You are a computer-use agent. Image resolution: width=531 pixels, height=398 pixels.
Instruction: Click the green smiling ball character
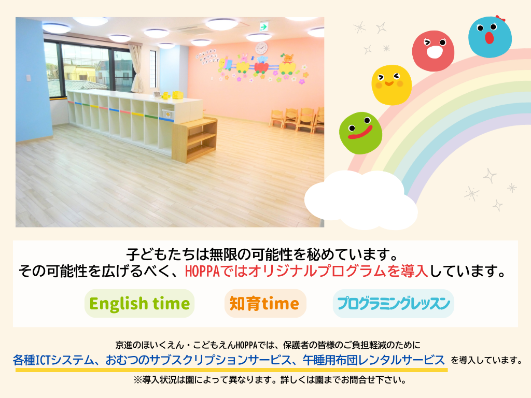[361, 133]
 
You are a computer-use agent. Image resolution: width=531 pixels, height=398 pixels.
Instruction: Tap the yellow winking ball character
[392, 84]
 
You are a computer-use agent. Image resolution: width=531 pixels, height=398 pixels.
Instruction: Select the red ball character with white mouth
[433, 51]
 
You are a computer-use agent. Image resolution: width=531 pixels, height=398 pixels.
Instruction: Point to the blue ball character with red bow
[490, 37]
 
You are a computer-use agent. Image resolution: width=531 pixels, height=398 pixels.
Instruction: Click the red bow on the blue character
[500, 18]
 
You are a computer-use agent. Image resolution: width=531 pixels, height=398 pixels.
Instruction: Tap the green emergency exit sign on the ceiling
[264, 26]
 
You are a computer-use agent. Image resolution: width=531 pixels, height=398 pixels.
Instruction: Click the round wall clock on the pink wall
[261, 48]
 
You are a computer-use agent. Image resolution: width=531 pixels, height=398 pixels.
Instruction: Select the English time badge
[139, 303]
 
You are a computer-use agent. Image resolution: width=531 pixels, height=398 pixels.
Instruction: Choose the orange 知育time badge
[265, 303]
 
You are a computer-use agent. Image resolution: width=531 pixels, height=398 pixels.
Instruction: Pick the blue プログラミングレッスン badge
[393, 303]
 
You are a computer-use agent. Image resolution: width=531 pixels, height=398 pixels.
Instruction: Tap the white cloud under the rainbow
[361, 200]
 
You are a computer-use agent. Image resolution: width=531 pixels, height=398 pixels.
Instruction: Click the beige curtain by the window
[136, 68]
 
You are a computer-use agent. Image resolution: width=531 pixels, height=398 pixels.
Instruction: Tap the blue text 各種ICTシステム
[53, 360]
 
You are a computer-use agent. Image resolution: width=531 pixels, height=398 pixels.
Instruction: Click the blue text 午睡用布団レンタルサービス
[373, 360]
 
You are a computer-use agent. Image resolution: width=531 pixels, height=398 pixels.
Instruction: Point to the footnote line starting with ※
[270, 380]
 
